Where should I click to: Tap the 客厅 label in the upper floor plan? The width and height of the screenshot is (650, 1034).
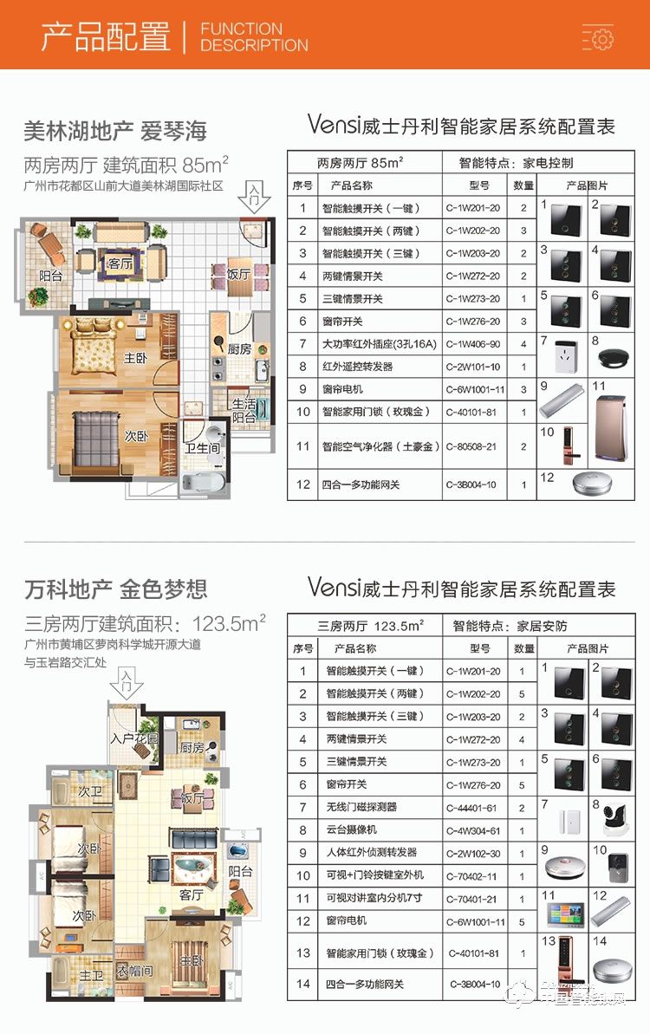click(x=120, y=263)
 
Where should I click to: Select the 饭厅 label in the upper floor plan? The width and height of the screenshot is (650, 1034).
click(x=238, y=275)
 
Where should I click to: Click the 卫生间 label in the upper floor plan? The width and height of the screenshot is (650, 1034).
click(x=203, y=448)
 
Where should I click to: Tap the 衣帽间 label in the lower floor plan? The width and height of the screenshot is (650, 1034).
click(x=135, y=971)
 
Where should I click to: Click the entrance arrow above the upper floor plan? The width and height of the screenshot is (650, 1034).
click(x=254, y=198)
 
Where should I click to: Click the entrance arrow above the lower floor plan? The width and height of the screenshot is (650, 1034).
click(x=127, y=685)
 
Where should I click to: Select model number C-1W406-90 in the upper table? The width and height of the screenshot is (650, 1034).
click(x=473, y=344)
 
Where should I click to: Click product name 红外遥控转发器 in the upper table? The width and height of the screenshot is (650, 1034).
click(x=357, y=367)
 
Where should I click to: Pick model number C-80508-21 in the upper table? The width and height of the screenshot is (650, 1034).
click(x=473, y=446)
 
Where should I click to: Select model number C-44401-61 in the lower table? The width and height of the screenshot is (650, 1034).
click(x=474, y=808)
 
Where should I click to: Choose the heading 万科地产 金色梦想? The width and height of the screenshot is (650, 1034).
click(x=116, y=590)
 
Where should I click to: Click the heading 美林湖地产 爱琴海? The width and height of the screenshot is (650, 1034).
click(x=115, y=132)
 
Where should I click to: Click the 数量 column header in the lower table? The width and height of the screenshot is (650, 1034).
click(x=524, y=648)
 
